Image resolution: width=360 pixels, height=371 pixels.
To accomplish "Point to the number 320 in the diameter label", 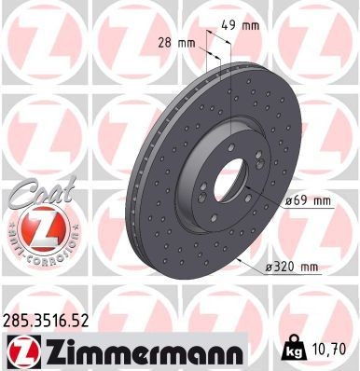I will [288, 268].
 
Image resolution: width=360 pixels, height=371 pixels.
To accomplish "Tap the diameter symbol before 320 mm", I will [270, 268].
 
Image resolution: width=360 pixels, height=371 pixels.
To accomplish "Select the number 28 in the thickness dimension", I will [163, 43].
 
